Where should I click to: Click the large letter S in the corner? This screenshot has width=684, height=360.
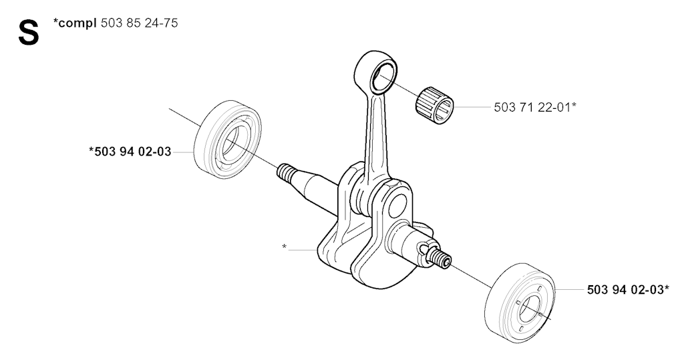click(x=28, y=33)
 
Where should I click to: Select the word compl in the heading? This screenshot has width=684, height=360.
click(x=77, y=23)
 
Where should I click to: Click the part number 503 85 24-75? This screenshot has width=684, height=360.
click(x=139, y=23)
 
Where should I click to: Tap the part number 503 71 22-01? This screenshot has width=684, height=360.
click(x=532, y=107)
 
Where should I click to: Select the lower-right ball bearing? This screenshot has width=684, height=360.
click(x=519, y=303)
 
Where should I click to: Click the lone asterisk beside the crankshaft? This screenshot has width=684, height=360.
click(x=285, y=248)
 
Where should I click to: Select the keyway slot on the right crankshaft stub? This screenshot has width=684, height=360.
click(x=423, y=249)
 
